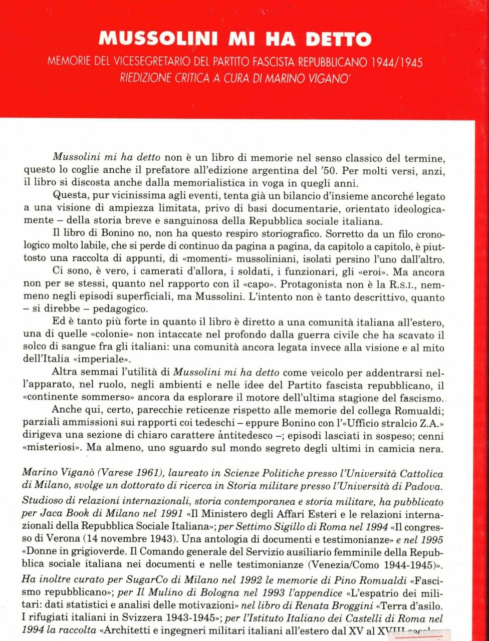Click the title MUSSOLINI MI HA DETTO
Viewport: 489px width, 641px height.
235,39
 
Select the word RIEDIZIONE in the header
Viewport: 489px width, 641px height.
146,79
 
